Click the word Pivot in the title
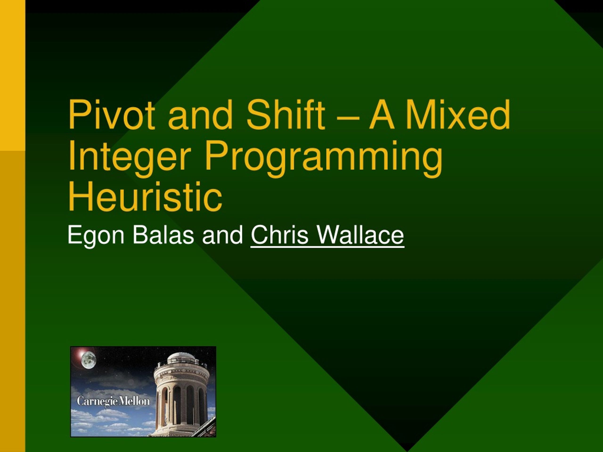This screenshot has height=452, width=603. click(111, 115)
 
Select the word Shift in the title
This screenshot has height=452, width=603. click(286, 115)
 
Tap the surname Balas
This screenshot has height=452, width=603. click(163, 235)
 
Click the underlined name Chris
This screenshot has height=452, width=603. click(279, 235)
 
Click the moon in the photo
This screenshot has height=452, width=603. click(89, 360)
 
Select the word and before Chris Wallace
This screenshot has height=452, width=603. click(222, 235)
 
